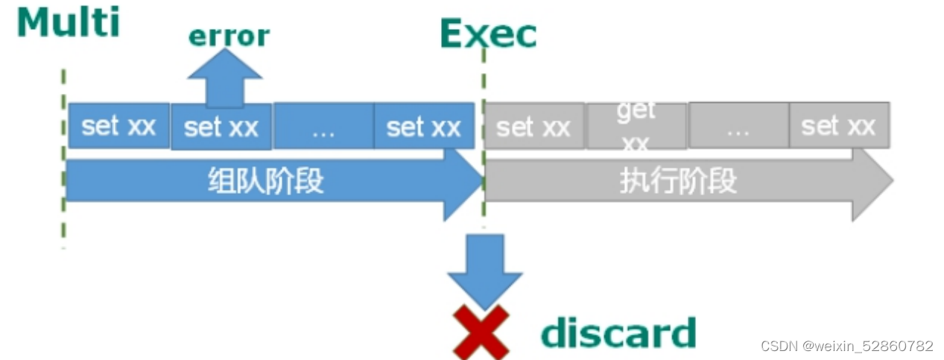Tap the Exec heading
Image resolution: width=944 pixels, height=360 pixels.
[488, 34]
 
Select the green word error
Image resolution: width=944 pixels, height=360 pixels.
[229, 36]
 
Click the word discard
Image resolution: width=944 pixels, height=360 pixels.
[618, 332]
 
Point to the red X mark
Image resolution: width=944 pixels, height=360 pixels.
[481, 332]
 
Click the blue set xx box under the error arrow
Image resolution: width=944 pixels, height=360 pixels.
[221, 127]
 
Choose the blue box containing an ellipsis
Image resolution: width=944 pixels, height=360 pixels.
[323, 127]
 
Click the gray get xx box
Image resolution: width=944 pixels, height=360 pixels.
[636, 126]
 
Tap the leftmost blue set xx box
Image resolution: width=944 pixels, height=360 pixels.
[118, 126]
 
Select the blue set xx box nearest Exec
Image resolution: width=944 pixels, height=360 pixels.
[423, 127]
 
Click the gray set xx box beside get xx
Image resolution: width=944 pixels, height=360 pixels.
[533, 127]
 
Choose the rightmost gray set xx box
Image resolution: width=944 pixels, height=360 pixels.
[838, 126]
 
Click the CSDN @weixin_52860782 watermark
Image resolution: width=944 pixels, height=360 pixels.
[846, 346]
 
